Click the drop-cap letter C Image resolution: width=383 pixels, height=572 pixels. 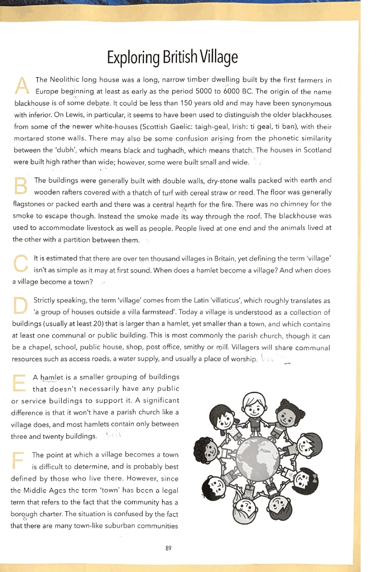(21, 265)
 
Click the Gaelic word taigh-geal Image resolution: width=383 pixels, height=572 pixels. (232, 127)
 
